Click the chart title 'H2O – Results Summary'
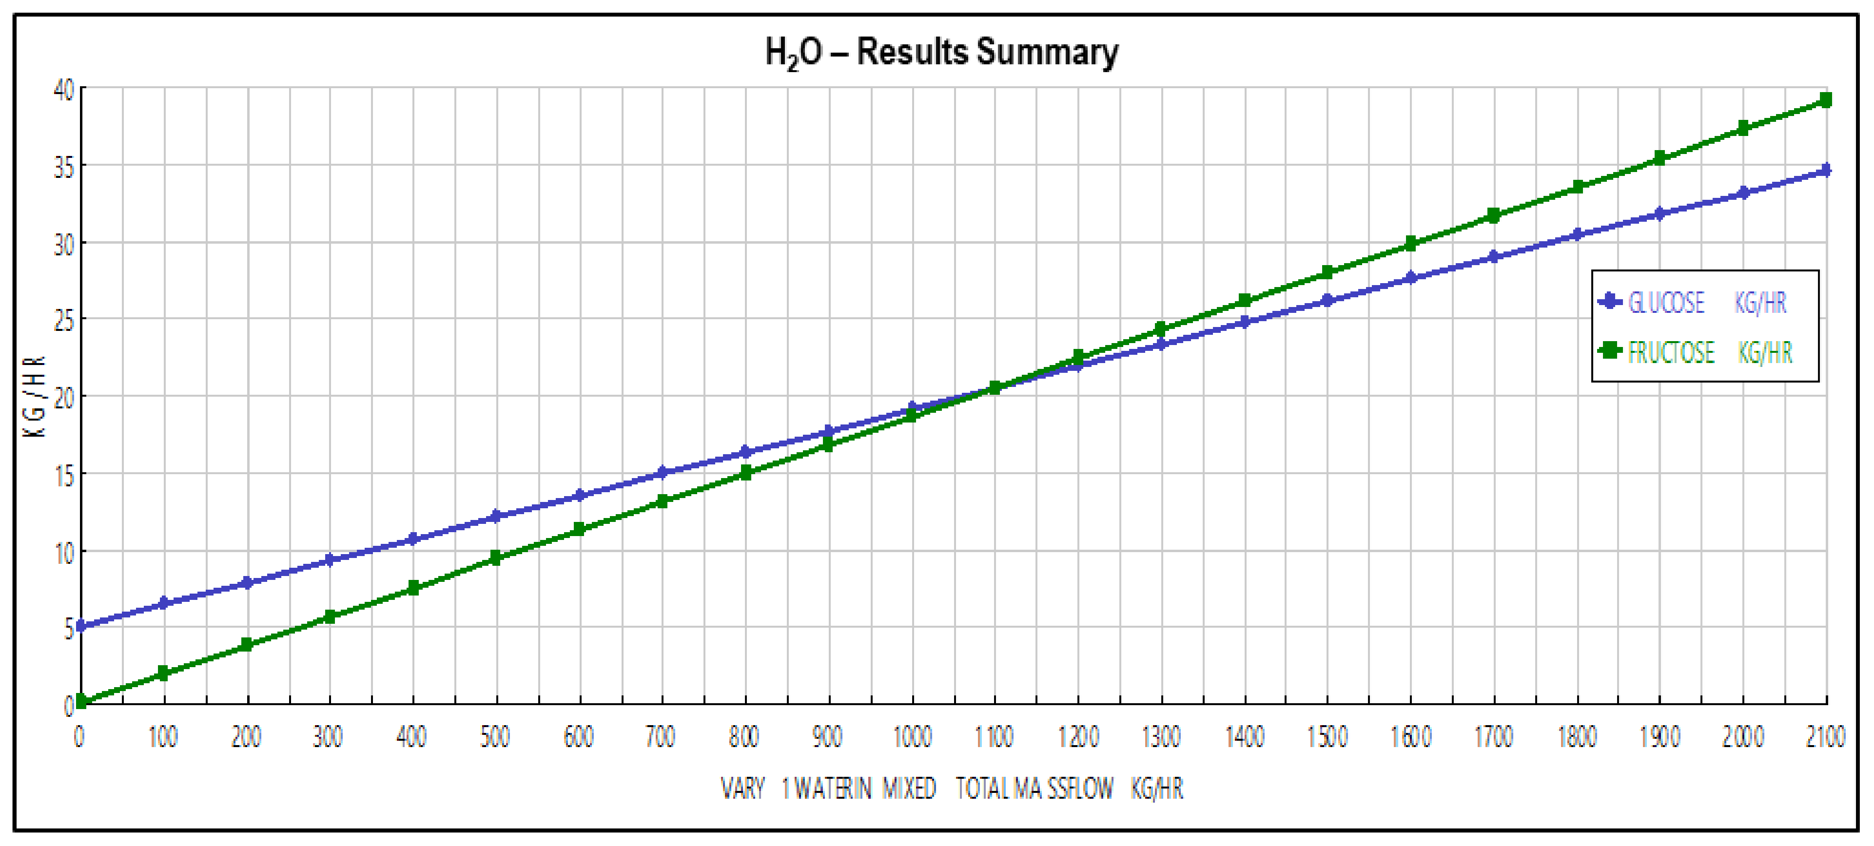click(941, 52)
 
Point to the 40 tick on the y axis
click(64, 90)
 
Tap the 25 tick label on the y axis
click(64, 320)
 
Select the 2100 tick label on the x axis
click(1825, 737)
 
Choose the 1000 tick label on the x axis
click(912, 737)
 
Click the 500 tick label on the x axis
click(495, 737)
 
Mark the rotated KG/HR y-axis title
click(35, 397)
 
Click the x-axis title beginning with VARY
click(952, 788)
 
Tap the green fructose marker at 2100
click(1825, 99)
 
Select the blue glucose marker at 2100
click(1825, 170)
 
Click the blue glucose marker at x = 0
click(81, 626)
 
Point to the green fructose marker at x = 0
click(81, 701)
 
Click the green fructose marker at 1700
click(1494, 215)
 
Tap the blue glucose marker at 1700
click(1494, 257)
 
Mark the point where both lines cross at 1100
click(995, 388)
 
